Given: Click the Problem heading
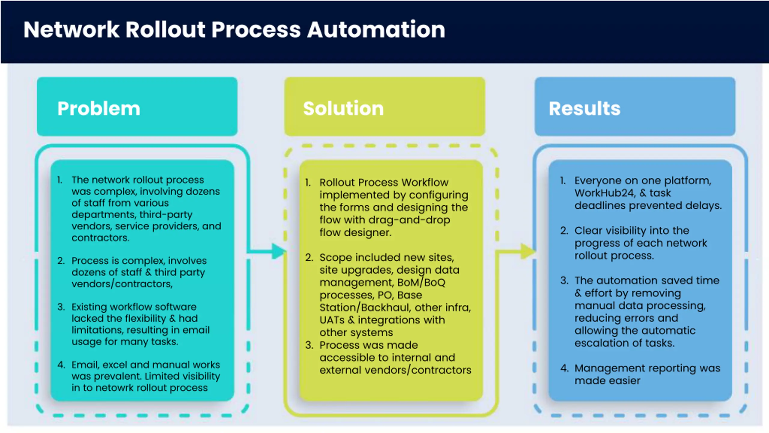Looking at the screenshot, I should click(99, 109).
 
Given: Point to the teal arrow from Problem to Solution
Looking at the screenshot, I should click(267, 251).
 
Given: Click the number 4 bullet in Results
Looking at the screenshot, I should click(564, 368).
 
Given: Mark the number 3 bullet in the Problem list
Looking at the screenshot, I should click(61, 307).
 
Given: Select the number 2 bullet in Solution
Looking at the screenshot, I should click(309, 258).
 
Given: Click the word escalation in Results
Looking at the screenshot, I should click(594, 343).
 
